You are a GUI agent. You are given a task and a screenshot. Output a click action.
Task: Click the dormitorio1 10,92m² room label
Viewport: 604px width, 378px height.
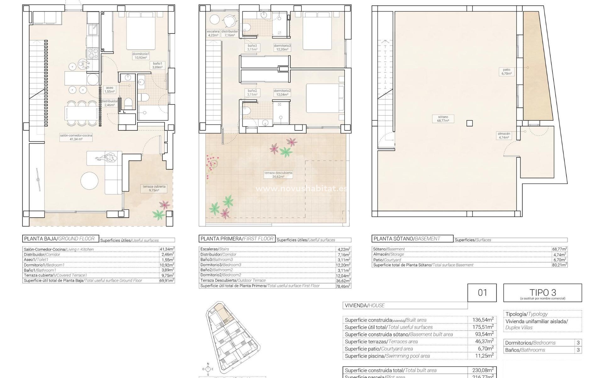tap(141, 56)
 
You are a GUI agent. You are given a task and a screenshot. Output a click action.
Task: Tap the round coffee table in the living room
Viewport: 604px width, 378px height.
tap(89, 180)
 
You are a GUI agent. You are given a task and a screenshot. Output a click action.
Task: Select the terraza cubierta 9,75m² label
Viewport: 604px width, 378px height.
tap(154, 188)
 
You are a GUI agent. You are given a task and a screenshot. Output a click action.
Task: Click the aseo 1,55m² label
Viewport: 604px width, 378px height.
tap(109, 90)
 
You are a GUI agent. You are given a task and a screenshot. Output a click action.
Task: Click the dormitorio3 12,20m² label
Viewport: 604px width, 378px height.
tap(282, 47)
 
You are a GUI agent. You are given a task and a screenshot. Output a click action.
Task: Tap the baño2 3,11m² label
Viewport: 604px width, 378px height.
tap(252, 93)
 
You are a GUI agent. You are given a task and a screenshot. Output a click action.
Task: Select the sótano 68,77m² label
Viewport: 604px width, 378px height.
tap(443, 119)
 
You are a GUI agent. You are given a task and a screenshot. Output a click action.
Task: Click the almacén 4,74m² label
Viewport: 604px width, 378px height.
tap(504, 135)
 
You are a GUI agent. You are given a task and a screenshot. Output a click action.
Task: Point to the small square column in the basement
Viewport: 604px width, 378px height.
tap(469, 123)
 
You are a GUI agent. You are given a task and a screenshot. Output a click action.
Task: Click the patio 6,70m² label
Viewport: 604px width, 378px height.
tap(506, 72)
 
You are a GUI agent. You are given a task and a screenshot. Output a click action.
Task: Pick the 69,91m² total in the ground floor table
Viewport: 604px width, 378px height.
tap(167, 280)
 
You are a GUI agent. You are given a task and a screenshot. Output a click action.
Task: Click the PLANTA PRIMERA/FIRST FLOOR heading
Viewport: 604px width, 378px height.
tap(237, 239)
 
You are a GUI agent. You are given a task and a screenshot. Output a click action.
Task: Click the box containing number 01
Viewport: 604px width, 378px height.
tap(482, 293)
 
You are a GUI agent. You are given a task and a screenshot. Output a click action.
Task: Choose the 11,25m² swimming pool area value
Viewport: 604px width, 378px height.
tap(483, 356)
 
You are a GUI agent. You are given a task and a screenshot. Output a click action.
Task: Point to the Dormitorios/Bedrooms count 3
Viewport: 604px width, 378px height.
tap(578, 343)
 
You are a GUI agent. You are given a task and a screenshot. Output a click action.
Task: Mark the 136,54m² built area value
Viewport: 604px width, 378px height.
tap(483, 320)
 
